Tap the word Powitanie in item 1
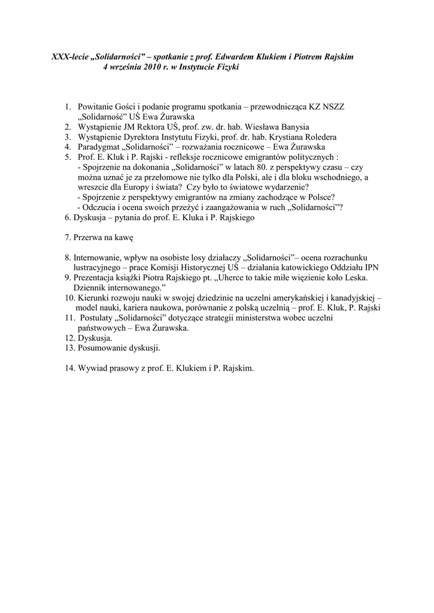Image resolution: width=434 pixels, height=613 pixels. pyautogui.click(x=96, y=107)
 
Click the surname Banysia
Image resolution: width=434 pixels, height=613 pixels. pyautogui.click(x=292, y=127)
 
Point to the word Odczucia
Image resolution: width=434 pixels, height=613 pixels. pyautogui.click(x=99, y=208)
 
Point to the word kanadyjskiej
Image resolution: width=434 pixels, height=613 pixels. pyautogui.click(x=354, y=298)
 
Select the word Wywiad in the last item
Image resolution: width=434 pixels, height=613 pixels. pyautogui.click(x=92, y=368)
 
